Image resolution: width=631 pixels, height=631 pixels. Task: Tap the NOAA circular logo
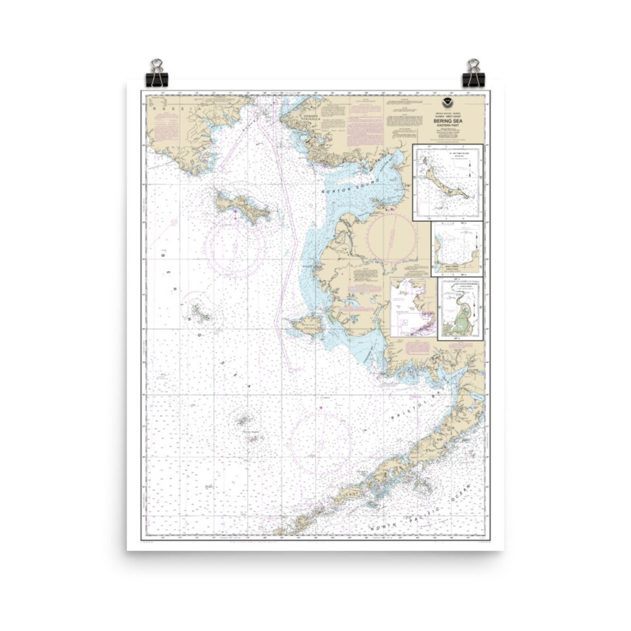[447, 101]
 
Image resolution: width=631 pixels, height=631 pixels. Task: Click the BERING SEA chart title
[446, 121]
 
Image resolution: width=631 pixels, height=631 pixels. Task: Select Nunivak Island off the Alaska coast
[305, 324]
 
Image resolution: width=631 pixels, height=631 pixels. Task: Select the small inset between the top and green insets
[457, 248]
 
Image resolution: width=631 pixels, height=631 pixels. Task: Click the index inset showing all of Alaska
[413, 307]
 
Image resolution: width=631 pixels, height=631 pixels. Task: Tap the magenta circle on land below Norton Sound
[391, 237]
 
